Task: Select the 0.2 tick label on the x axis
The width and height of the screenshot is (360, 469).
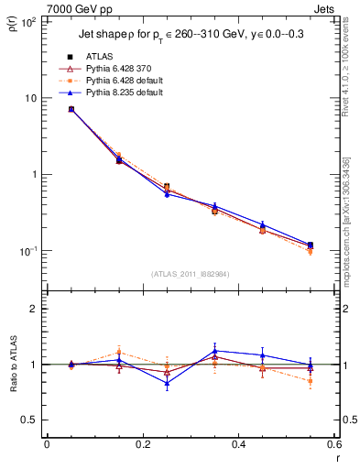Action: click(x=143, y=444)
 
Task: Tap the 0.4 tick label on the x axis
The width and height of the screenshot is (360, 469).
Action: click(x=238, y=444)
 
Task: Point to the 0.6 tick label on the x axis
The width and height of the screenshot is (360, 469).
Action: click(x=333, y=444)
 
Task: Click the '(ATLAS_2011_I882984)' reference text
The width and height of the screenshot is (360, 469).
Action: click(x=191, y=274)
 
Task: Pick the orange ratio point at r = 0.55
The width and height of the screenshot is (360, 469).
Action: click(x=311, y=381)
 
